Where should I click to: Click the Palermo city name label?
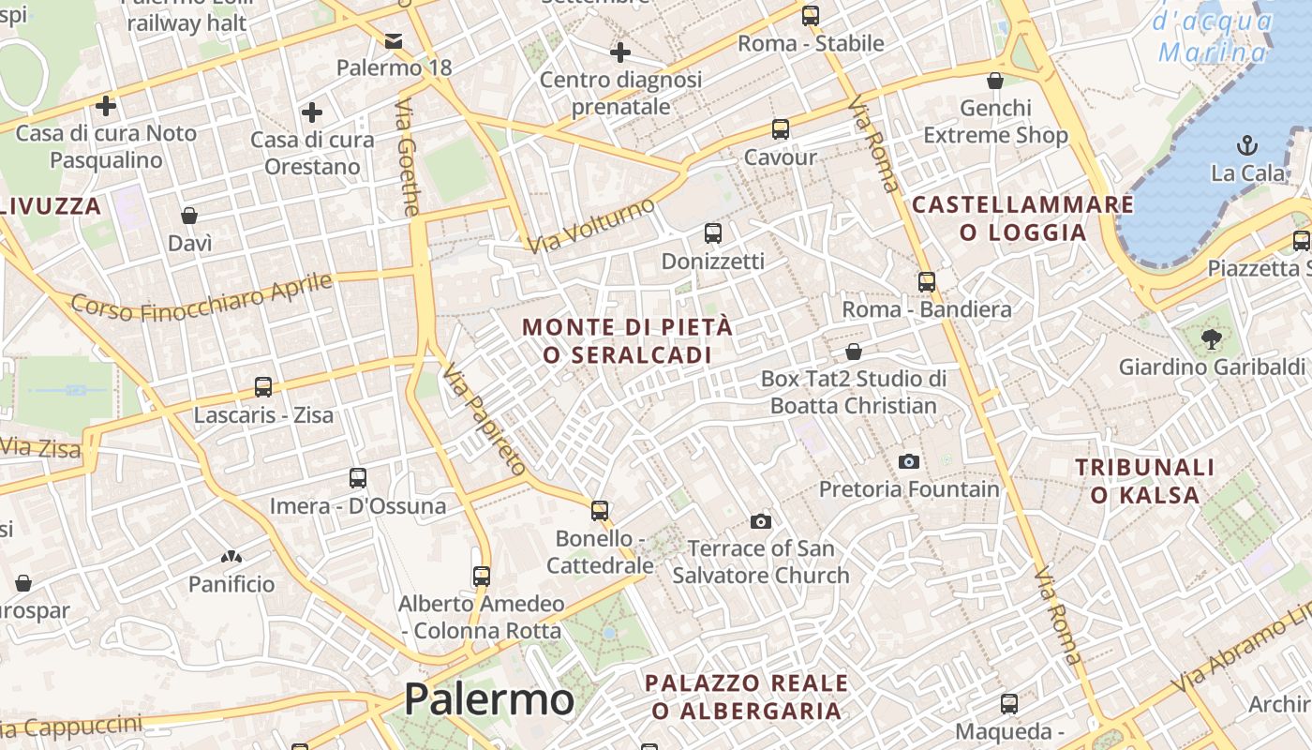point(488,699)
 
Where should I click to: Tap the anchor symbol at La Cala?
point(1246,145)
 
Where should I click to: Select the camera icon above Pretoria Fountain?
point(908,461)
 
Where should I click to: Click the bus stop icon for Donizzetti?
point(712,232)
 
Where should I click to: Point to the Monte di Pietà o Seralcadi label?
point(627,341)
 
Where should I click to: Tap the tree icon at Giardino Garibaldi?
point(1211,338)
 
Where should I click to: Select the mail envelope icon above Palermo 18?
point(394,40)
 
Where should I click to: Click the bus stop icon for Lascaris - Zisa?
point(263,386)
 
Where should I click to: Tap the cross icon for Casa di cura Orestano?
point(311,113)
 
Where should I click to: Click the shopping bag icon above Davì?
point(189,216)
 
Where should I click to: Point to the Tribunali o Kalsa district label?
point(1144,481)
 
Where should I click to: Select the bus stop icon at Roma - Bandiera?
point(926,281)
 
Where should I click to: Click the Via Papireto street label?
point(485,417)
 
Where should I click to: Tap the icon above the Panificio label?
point(231,557)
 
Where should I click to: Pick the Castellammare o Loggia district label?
point(1022,218)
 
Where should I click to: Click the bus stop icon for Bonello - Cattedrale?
point(600,510)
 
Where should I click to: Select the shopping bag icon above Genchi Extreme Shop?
point(995,81)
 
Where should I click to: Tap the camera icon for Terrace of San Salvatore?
point(760,521)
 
